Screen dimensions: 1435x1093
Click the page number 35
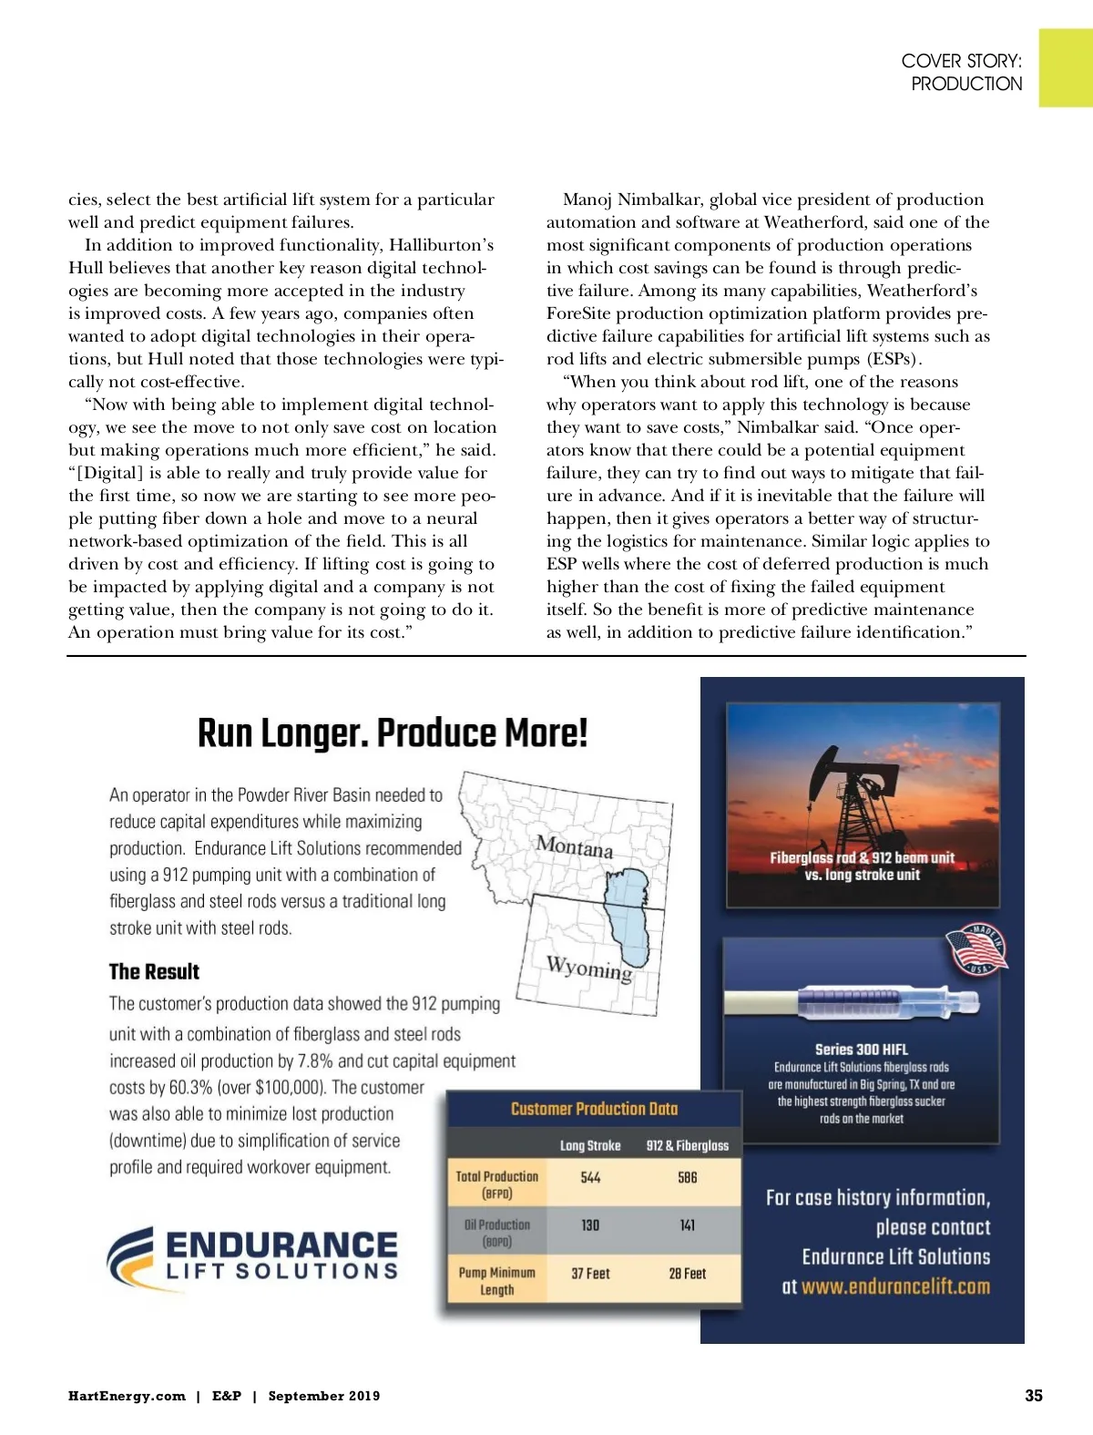coord(1033,1395)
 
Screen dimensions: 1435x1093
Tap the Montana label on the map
coord(575,846)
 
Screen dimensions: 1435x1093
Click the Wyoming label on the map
coord(588,968)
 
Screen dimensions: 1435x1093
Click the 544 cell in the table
coord(590,1177)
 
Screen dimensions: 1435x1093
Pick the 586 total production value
coord(688,1177)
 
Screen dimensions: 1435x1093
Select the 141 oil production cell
coord(688,1225)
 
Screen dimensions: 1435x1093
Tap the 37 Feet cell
coord(590,1274)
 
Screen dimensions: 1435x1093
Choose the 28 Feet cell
coord(688,1274)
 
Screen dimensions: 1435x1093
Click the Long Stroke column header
coord(590,1145)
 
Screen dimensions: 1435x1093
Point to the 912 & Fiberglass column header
coord(688,1145)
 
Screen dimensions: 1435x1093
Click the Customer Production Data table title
coord(594,1109)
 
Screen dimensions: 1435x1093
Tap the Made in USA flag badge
coord(976,950)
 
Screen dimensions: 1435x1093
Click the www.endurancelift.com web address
coord(895,1286)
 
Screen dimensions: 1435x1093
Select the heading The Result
coord(154,971)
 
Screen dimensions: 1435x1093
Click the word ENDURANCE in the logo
coord(281,1245)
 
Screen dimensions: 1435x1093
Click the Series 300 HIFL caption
coord(861,1049)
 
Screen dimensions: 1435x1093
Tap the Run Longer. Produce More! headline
coord(393,733)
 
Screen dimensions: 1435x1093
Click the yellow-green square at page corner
coord(1066,67)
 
